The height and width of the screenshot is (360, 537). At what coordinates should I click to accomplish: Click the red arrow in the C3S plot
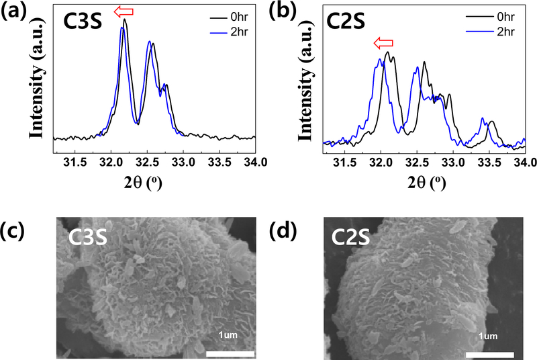(x=123, y=11)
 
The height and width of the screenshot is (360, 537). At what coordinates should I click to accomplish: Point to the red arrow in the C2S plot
(x=383, y=44)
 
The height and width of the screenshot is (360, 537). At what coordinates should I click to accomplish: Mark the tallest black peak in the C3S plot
(x=125, y=21)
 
